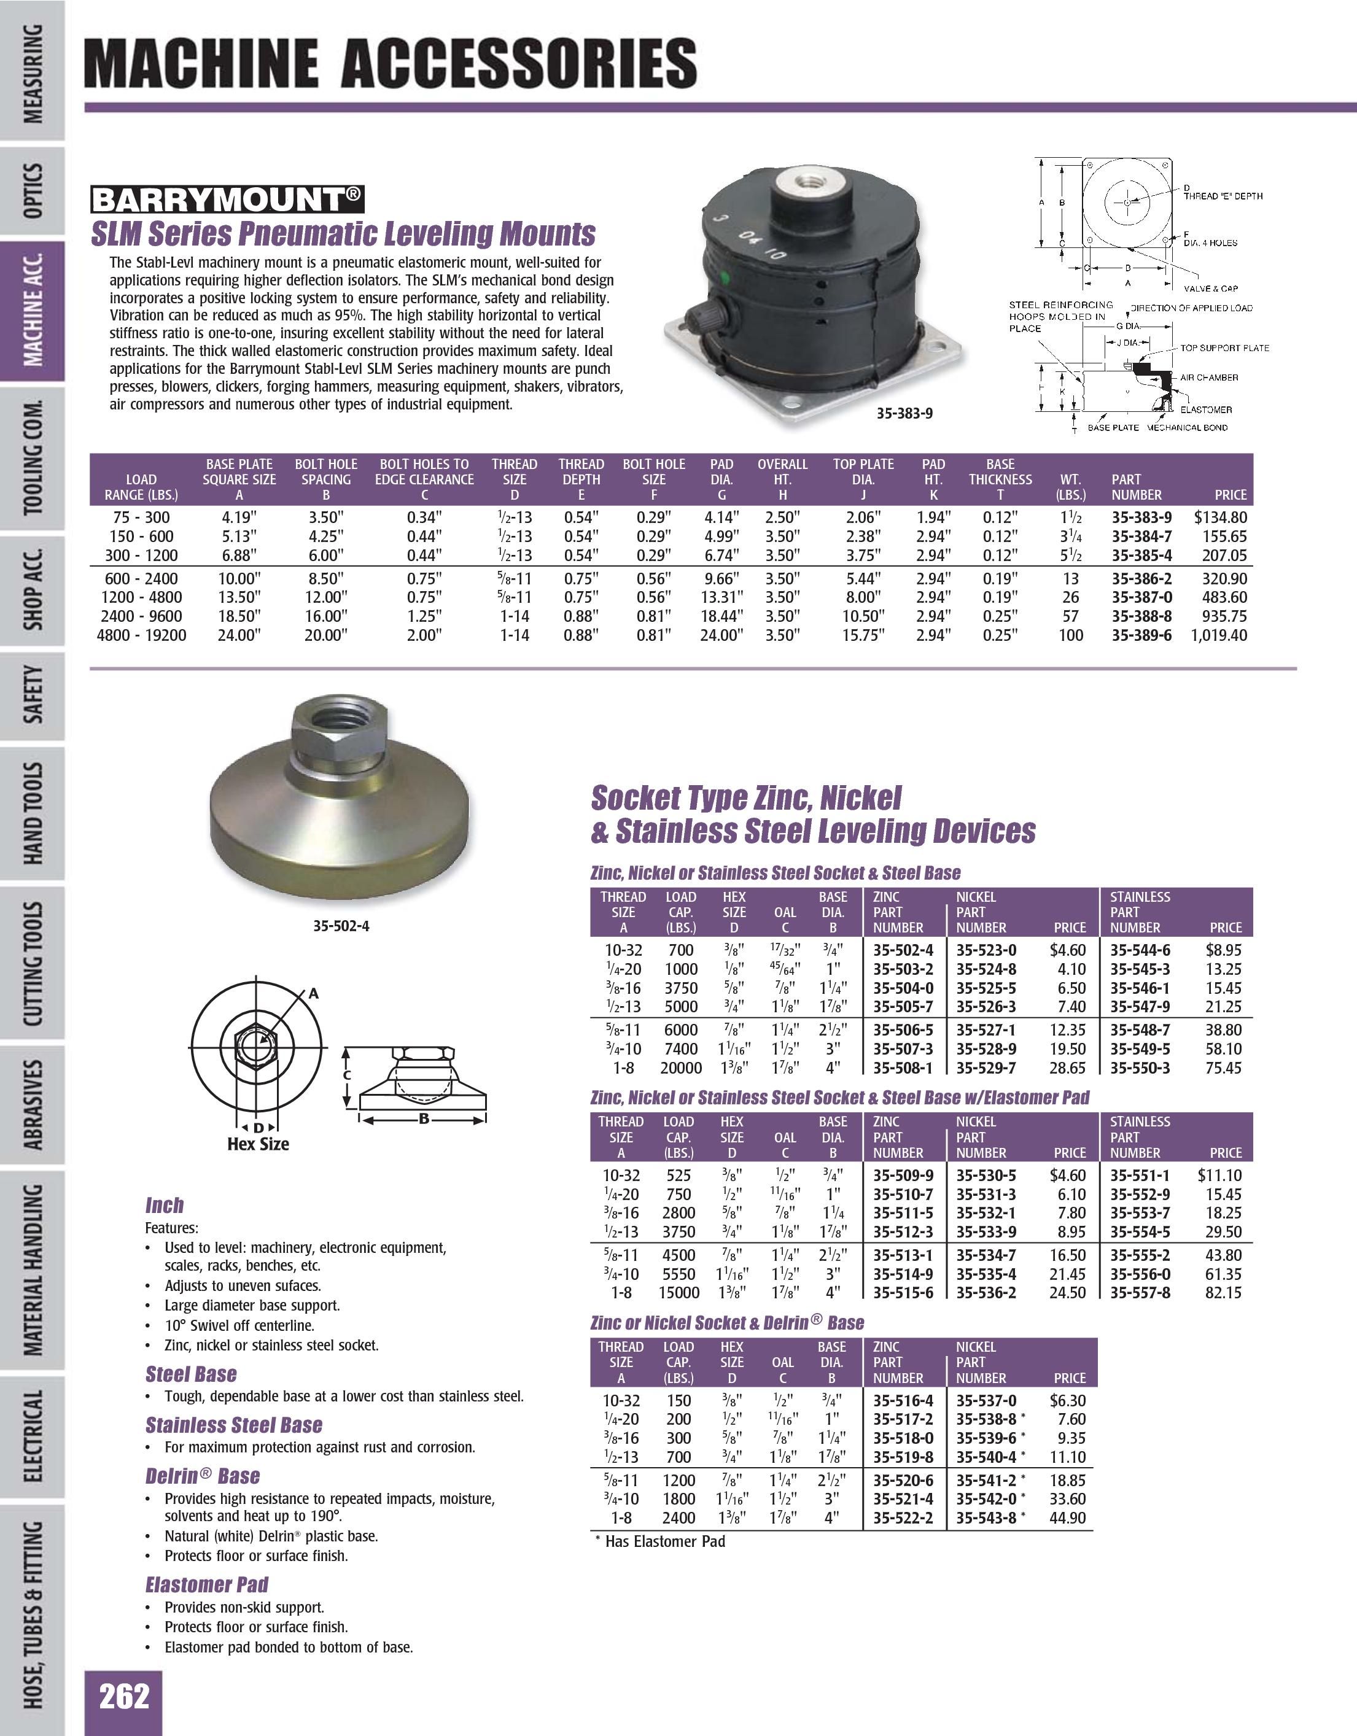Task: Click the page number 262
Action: point(124,1697)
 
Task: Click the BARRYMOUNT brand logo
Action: point(227,199)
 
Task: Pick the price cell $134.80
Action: point(1220,517)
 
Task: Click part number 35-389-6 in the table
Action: point(1141,635)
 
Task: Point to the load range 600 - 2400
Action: point(141,579)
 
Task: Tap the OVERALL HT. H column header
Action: point(782,479)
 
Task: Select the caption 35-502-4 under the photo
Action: point(341,926)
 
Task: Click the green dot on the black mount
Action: point(723,279)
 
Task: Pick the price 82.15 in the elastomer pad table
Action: point(1223,1292)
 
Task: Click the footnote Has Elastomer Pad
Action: point(664,1541)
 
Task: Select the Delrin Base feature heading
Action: point(203,1476)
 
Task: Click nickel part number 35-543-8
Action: point(986,1517)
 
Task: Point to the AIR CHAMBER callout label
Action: point(1209,378)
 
